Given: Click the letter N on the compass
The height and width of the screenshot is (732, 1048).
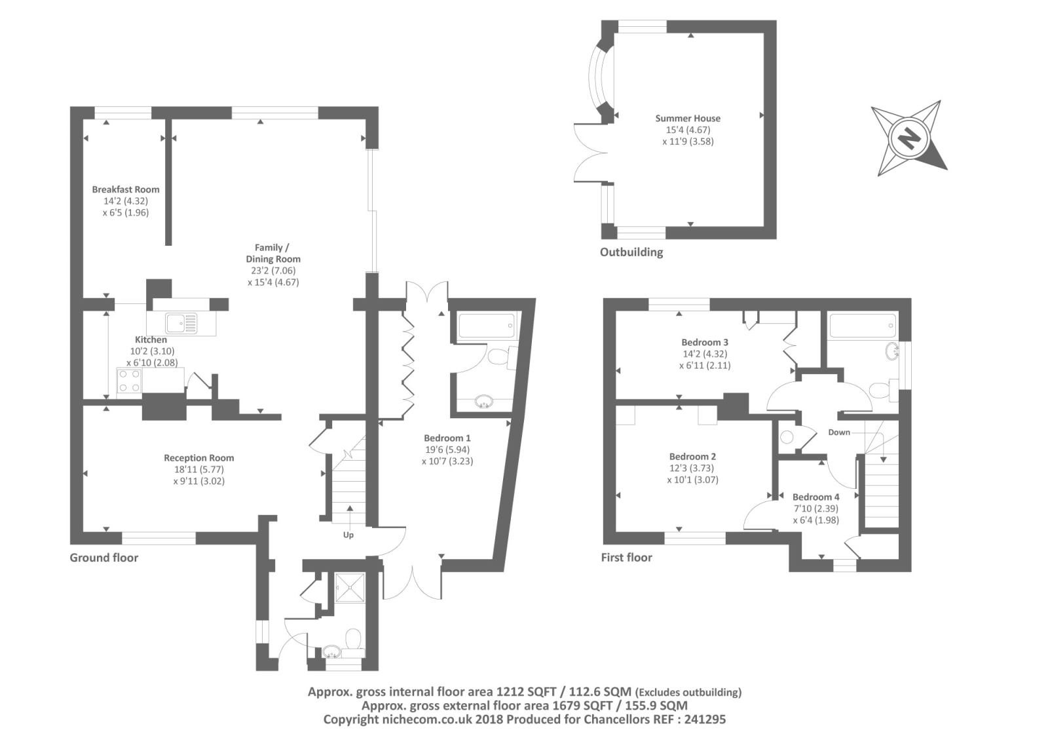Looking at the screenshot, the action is (909, 138).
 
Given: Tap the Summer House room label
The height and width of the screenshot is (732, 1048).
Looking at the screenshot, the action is (688, 119).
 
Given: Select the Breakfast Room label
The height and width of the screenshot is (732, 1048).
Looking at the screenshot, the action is (125, 189).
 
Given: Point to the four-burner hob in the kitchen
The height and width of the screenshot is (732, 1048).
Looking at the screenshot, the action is (130, 381).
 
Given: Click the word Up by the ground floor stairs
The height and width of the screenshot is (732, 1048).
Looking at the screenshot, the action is (348, 535).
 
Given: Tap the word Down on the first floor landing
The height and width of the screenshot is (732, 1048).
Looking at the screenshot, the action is (839, 432).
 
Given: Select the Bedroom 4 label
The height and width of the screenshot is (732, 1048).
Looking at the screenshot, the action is (816, 497).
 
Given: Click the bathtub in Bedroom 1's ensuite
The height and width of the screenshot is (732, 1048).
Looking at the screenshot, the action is (487, 325).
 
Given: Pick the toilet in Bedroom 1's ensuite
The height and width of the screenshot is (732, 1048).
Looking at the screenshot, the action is (502, 358).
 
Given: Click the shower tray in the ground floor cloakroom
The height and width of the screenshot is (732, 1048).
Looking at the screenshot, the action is (350, 588).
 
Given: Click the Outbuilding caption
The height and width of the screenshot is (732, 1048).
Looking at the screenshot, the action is (631, 252).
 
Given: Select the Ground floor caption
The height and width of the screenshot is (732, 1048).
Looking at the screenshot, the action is (104, 558).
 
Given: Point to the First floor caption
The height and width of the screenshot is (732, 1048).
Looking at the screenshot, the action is (626, 558).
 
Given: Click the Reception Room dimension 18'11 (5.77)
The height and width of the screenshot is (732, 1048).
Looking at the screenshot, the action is (199, 469).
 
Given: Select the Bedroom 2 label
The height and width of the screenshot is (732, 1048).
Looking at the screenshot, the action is (692, 456).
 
